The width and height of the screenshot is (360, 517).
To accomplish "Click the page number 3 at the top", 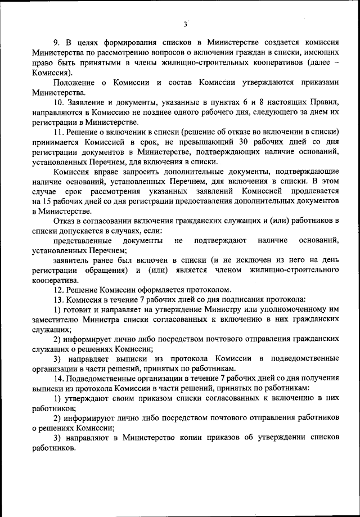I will click(184, 24).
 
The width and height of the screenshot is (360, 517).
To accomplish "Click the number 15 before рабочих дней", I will click(40, 201).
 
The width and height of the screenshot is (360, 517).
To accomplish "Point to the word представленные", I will click(81, 241).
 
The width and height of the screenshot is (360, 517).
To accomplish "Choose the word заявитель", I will click(73, 260).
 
